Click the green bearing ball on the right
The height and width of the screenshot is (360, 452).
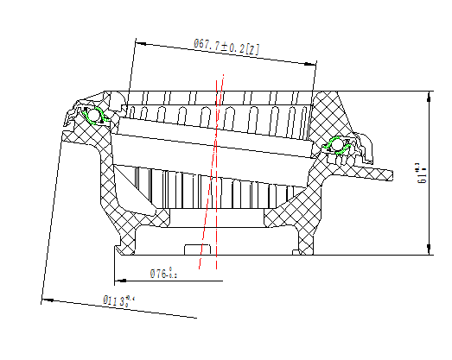tap(335, 144)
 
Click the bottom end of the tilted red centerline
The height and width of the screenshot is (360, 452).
tap(200, 268)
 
